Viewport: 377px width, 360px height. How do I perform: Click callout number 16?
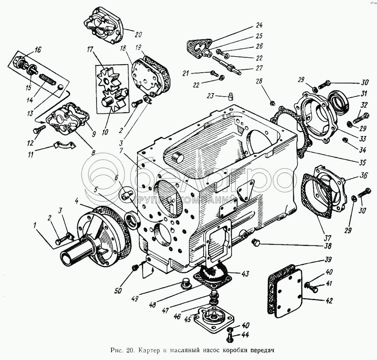(x=38, y=49)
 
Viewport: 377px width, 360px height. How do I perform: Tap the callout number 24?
(x=259, y=26)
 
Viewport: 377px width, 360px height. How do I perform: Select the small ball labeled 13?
(x=60, y=87)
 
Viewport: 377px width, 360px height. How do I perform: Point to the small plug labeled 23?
(x=230, y=97)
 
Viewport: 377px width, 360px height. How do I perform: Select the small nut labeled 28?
(x=272, y=103)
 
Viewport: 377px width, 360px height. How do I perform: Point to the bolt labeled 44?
(x=230, y=333)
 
